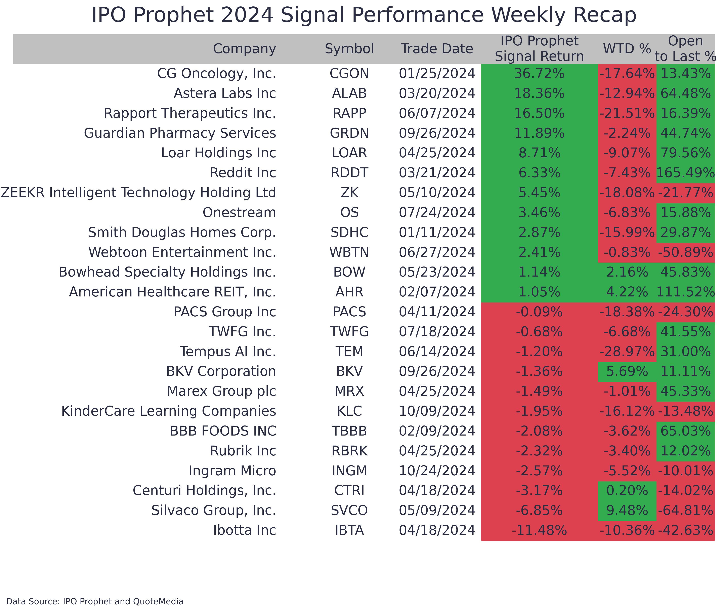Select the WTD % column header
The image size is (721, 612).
click(x=627, y=49)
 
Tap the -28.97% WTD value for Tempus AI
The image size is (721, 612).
click(x=627, y=352)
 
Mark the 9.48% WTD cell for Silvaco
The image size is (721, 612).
click(x=627, y=510)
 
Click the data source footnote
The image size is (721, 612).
click(x=95, y=601)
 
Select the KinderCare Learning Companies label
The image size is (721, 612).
click(x=169, y=411)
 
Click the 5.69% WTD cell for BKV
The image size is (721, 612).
click(x=627, y=372)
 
